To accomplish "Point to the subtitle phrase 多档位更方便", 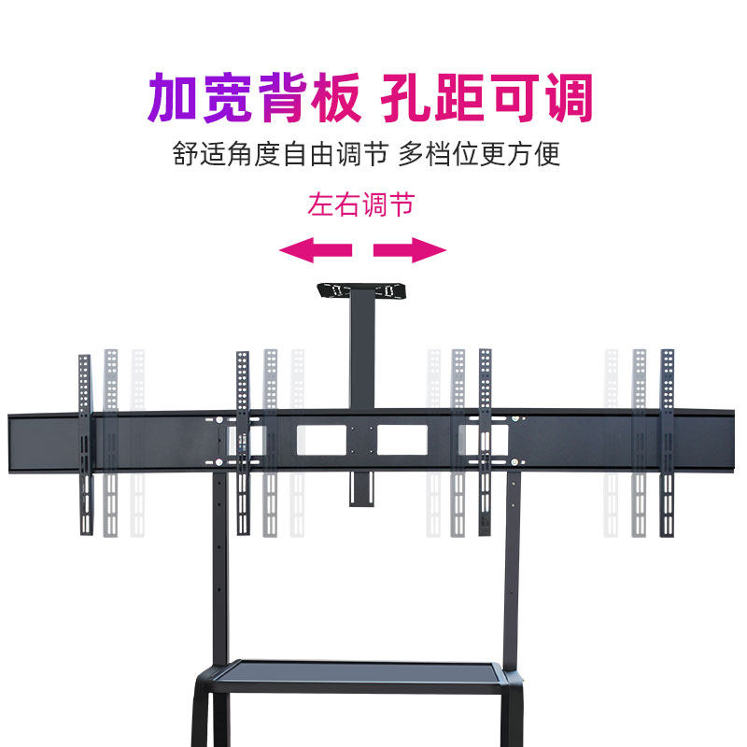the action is click(x=480, y=154).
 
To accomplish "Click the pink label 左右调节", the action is click(x=360, y=204).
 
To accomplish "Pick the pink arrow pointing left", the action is click(x=316, y=249).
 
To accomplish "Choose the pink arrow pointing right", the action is click(x=410, y=249).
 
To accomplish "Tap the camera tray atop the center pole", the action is click(x=362, y=291).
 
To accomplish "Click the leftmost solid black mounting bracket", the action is click(x=85, y=444).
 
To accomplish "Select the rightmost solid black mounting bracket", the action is click(x=667, y=444).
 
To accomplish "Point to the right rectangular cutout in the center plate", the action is click(x=403, y=440).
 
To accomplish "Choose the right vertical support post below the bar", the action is click(x=512, y=570).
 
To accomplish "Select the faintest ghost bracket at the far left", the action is click(x=138, y=444).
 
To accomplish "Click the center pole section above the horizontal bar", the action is click(x=361, y=355).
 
